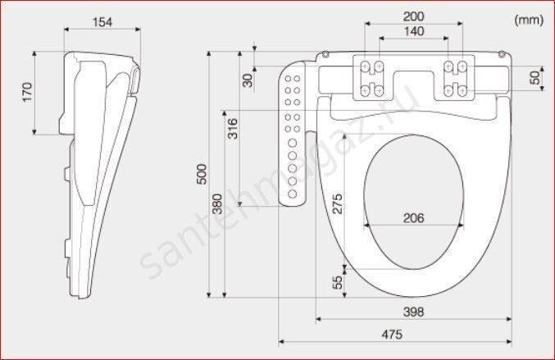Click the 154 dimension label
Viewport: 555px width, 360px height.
pyautogui.click(x=102, y=22)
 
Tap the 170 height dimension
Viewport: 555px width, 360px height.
pyautogui.click(x=27, y=92)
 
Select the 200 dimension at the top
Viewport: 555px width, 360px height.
pyautogui.click(x=413, y=16)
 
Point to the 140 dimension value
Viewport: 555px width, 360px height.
pyautogui.click(x=414, y=31)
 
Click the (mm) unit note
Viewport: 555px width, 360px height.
pyautogui.click(x=529, y=20)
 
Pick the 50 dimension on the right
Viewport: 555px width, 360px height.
pyautogui.click(x=535, y=78)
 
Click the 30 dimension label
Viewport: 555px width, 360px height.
pyautogui.click(x=248, y=80)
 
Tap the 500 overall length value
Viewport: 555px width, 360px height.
pyautogui.click(x=202, y=174)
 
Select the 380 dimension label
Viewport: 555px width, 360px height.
pyautogui.click(x=217, y=204)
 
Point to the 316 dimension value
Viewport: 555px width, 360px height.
pyautogui.click(x=233, y=129)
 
